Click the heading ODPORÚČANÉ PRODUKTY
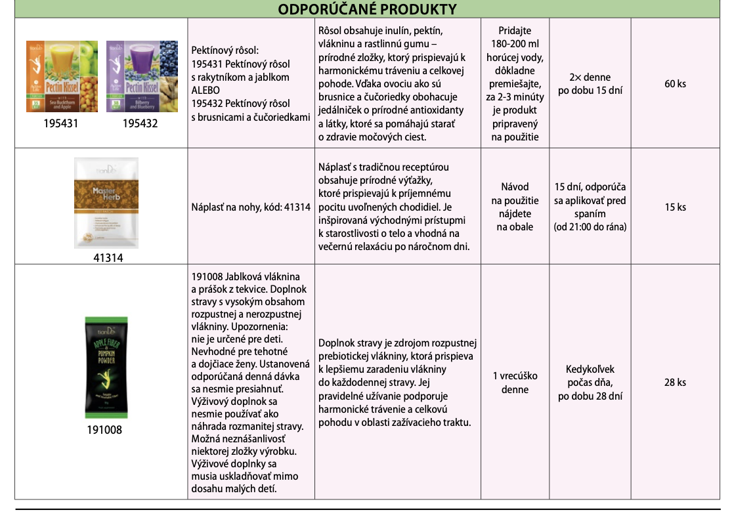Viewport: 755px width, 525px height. [x=367, y=9]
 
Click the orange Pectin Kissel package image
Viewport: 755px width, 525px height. [x=62, y=75]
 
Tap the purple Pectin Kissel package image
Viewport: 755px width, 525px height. [x=142, y=75]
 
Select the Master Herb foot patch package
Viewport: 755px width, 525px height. [x=106, y=203]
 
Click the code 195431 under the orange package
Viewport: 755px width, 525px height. [x=60, y=123]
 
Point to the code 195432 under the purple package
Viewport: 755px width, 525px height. [x=140, y=123]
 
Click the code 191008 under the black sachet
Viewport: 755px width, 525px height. [x=104, y=430]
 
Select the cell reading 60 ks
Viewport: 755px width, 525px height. [x=675, y=84]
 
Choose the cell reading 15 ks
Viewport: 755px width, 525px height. [x=675, y=207]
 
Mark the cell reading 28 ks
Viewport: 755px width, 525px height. [x=675, y=383]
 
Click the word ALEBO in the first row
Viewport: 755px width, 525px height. [x=205, y=90]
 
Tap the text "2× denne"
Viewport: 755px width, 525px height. [x=590, y=77]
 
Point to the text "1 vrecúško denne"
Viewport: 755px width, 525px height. [x=515, y=383]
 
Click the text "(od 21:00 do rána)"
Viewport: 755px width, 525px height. [x=590, y=227]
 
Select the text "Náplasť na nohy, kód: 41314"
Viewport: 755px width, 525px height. [x=251, y=207]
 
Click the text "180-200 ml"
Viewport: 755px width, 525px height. [x=515, y=44]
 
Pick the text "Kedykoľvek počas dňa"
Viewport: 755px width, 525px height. [x=590, y=376]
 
